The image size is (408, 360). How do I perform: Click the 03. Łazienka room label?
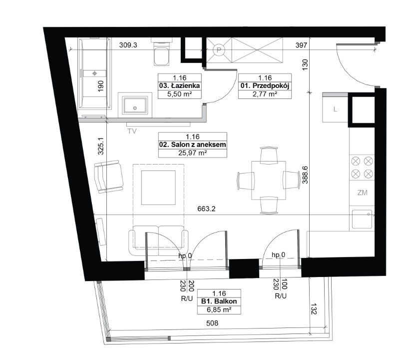180,85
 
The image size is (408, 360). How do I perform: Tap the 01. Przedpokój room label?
265,85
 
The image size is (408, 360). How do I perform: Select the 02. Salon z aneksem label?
193,145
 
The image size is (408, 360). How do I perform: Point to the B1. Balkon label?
219,301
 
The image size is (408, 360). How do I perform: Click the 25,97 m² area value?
193,153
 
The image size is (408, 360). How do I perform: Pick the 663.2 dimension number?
206,208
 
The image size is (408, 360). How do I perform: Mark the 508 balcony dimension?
212,323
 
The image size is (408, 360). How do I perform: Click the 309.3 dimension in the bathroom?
128,45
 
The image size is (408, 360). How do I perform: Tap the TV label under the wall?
132,131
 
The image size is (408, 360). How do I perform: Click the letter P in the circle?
219,50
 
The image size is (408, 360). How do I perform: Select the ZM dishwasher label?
362,193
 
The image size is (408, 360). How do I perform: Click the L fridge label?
335,109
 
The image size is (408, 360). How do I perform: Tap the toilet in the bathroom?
162,52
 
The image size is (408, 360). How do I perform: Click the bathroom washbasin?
135,105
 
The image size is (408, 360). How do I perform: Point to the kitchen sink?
362,219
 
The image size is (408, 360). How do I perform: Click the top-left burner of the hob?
356,161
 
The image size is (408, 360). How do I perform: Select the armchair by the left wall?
108,176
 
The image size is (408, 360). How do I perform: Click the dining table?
269,180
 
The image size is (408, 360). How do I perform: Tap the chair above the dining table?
269,155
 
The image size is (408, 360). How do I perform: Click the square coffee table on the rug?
158,187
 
